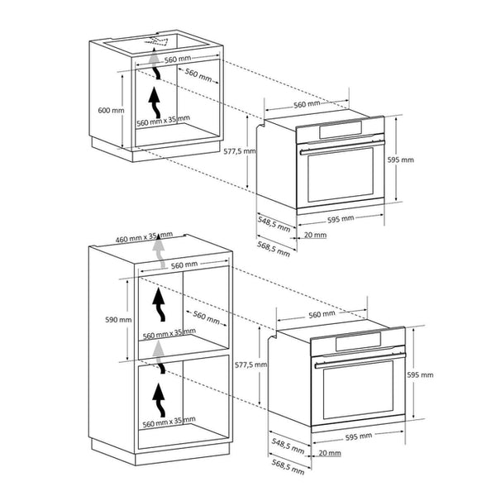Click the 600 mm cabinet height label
click(x=111, y=110)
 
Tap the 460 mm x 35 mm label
click(x=144, y=238)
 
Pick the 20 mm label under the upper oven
click(x=314, y=235)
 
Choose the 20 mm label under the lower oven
click(x=329, y=453)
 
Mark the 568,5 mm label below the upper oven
click(x=274, y=246)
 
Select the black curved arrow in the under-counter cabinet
click(x=155, y=104)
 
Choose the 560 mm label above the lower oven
click(x=322, y=314)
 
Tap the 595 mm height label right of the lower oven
click(x=421, y=374)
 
